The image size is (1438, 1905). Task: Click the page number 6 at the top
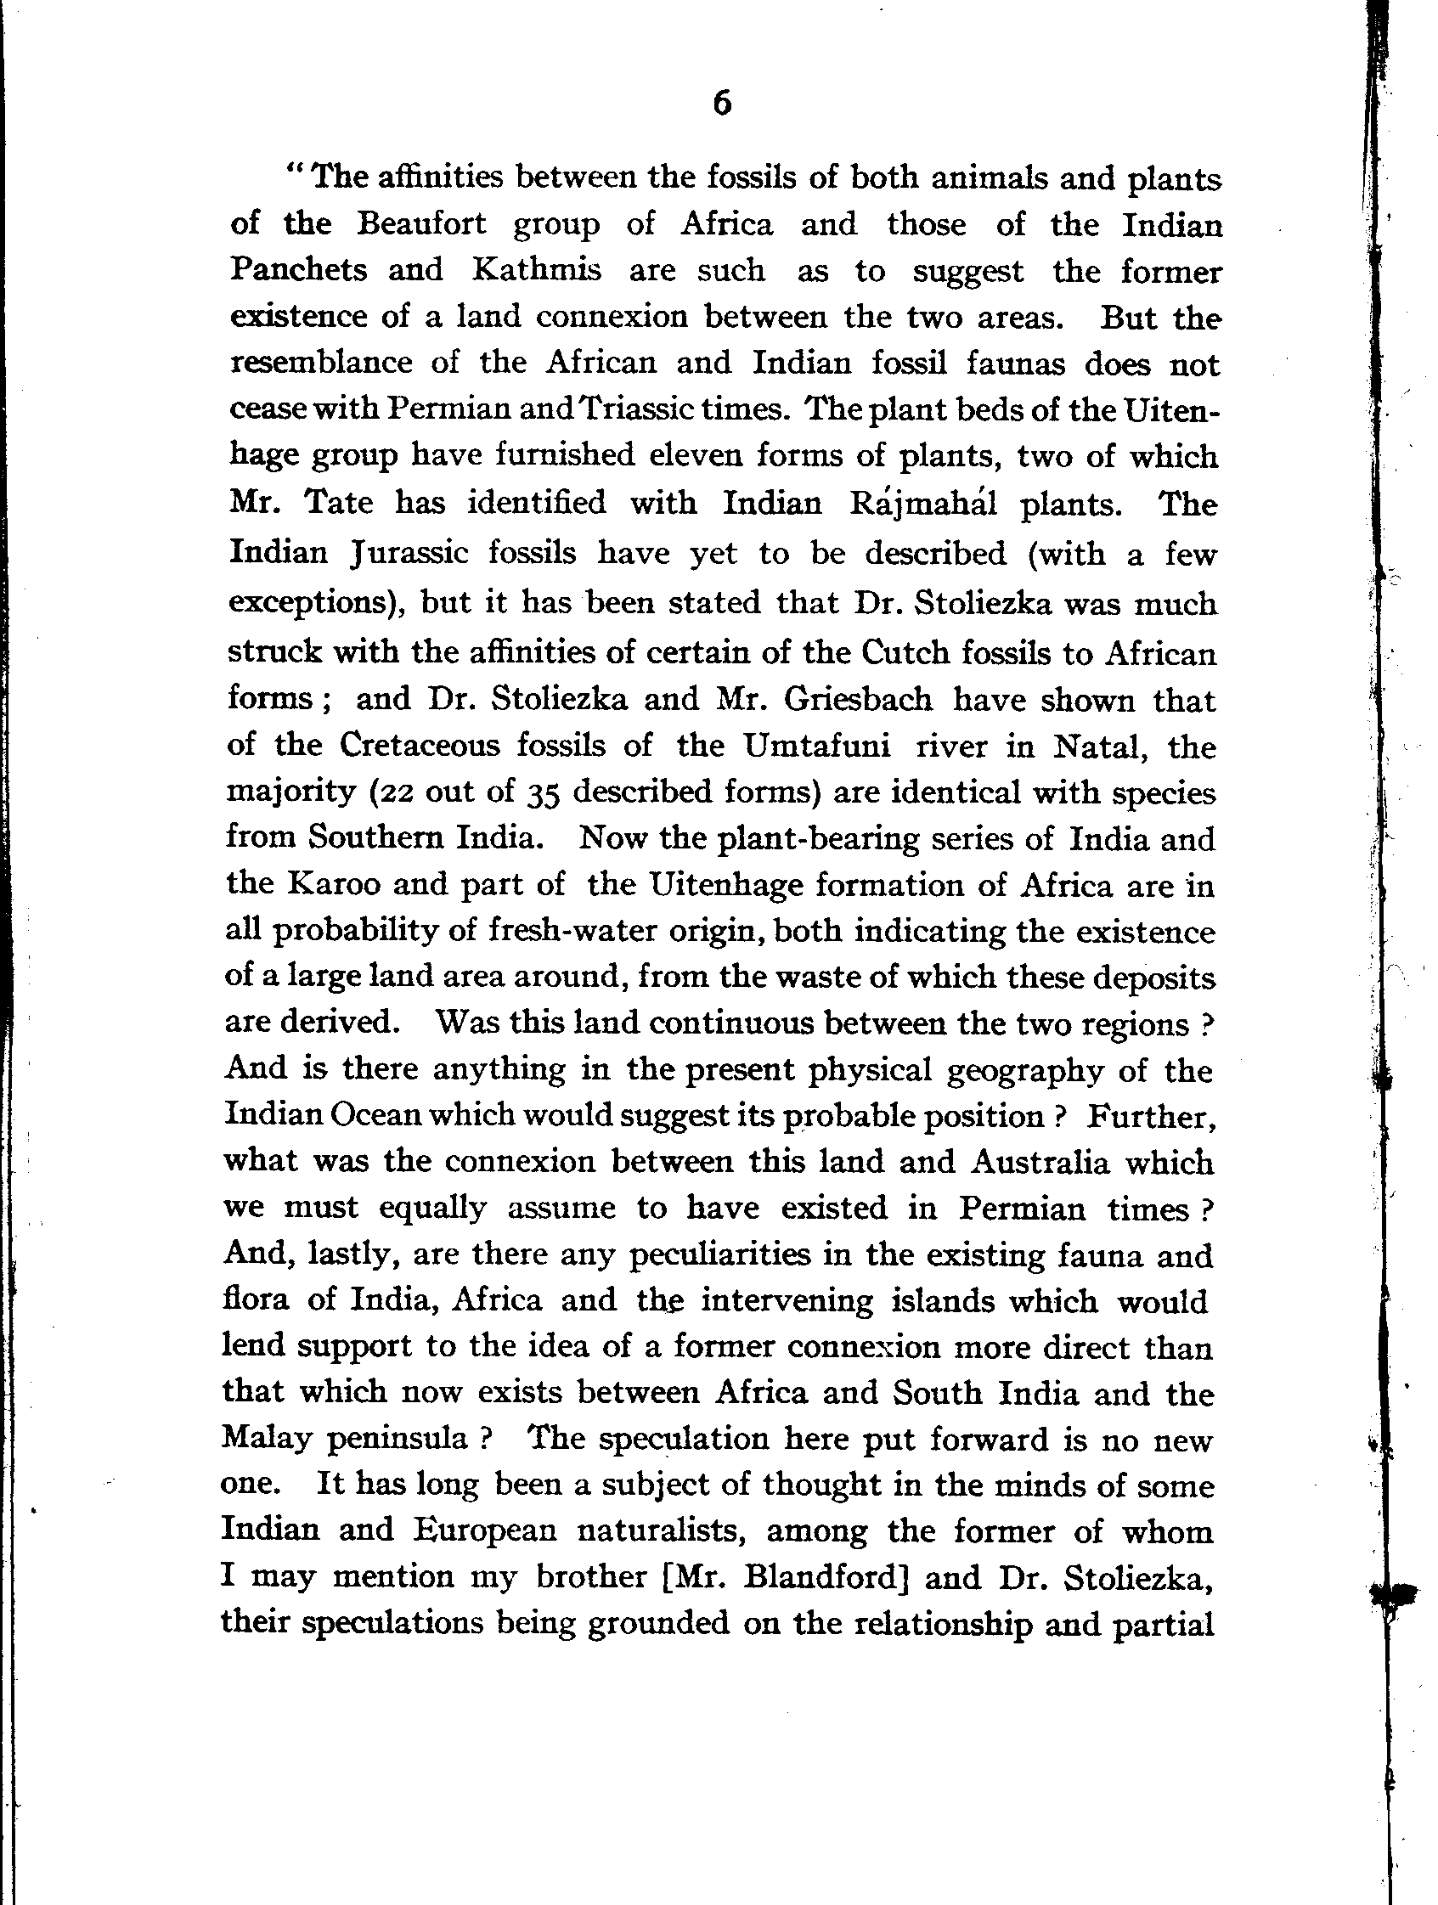(x=723, y=104)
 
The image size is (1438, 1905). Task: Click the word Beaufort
(x=422, y=225)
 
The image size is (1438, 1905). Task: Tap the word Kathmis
(x=537, y=270)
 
